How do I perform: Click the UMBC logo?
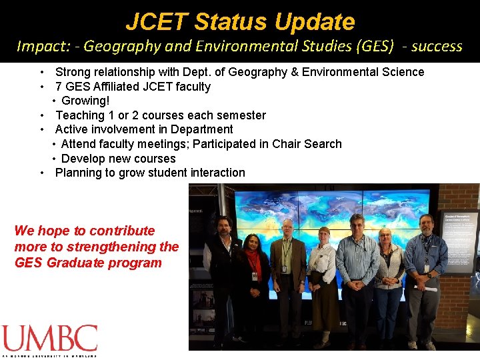(x=49, y=340)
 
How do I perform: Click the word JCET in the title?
(x=157, y=21)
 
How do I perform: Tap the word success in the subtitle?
(x=437, y=46)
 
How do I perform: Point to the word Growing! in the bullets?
(x=85, y=101)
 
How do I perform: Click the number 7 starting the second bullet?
(x=59, y=86)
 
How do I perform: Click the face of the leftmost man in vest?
(x=223, y=225)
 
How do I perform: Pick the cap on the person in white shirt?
(x=325, y=231)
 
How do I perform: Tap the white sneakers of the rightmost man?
(x=421, y=345)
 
